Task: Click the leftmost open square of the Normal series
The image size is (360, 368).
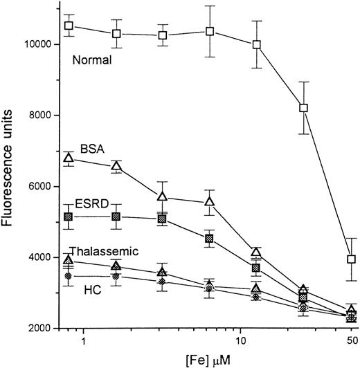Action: click(69, 26)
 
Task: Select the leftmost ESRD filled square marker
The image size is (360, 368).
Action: click(69, 217)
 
